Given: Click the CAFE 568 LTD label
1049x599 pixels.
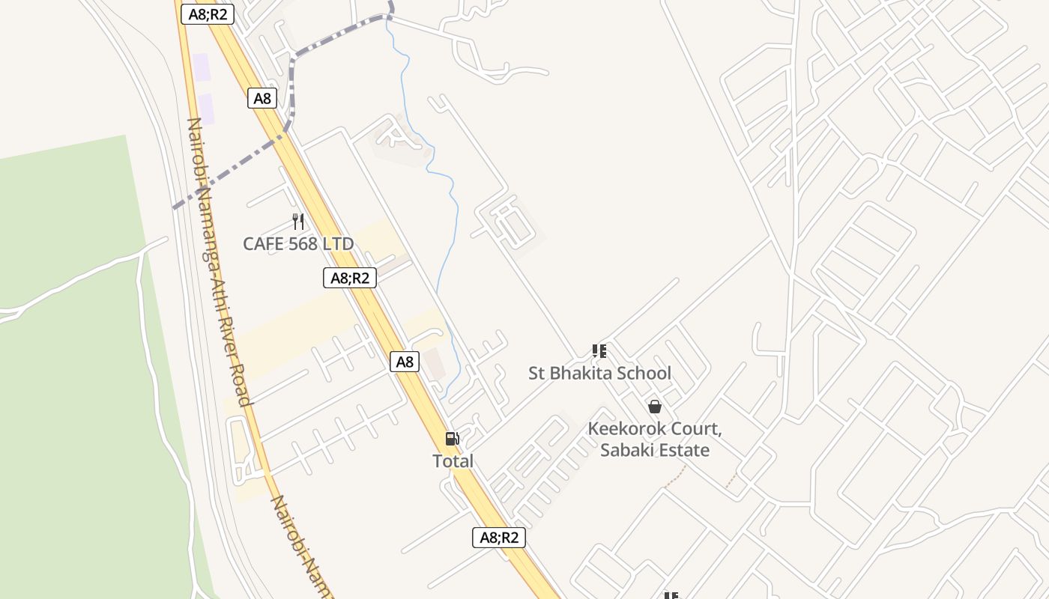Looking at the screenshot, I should [298, 243].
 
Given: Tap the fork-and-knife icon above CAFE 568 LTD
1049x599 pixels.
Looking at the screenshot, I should [298, 221].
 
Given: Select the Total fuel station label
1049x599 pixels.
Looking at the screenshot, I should [453, 461].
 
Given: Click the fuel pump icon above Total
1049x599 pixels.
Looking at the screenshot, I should [452, 439].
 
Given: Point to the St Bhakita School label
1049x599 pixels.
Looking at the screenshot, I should [599, 373].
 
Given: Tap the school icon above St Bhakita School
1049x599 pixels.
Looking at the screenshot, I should [599, 350].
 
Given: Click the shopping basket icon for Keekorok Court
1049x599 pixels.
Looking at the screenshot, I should [655, 407].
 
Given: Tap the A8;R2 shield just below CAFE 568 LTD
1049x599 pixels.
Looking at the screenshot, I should [350, 278].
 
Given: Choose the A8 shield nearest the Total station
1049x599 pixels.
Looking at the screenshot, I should [405, 362].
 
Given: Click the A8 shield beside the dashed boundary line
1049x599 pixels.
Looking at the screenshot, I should [262, 98].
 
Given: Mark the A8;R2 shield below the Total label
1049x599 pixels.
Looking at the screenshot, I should [499, 537].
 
